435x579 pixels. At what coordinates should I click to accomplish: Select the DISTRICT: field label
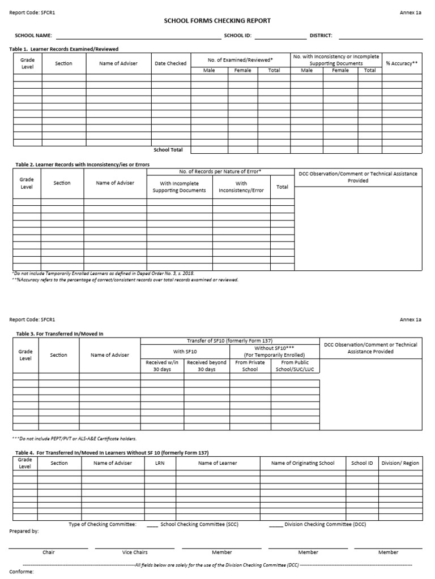click(321, 36)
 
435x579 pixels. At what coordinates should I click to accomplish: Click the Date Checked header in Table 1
click(170, 63)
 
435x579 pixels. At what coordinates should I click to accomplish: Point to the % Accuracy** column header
click(402, 63)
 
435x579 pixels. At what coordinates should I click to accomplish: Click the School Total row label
click(168, 150)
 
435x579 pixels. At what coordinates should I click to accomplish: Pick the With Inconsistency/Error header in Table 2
click(241, 187)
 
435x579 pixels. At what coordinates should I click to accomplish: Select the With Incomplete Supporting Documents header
click(179, 187)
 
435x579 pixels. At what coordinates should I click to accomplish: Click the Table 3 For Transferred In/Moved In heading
click(59, 334)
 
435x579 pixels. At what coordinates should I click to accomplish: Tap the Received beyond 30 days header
click(207, 366)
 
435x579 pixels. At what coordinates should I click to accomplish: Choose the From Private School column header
click(250, 366)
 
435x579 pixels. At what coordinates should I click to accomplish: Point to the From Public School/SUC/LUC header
click(295, 366)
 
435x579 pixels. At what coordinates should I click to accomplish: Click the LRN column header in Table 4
click(159, 463)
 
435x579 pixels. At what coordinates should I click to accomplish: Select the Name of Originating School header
click(302, 463)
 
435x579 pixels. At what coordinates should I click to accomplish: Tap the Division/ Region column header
click(400, 463)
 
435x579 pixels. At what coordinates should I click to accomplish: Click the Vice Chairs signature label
click(135, 552)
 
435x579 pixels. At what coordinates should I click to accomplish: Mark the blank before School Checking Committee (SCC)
click(152, 525)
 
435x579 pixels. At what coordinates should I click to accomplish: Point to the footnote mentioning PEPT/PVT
click(74, 438)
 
